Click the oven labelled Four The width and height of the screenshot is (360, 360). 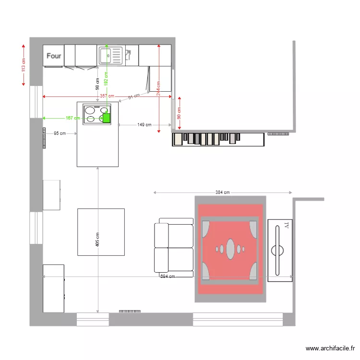[x=54, y=56]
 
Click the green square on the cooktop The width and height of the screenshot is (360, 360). [x=106, y=118]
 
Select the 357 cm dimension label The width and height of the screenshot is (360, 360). [x=107, y=96]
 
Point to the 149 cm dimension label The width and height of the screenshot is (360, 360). [x=144, y=125]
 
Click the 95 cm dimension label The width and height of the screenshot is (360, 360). [x=60, y=133]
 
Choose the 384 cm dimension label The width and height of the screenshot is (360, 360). [x=222, y=192]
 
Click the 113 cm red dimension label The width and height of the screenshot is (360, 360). [x=24, y=65]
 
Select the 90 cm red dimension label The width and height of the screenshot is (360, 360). [x=180, y=113]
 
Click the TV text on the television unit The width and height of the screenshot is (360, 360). [x=286, y=225]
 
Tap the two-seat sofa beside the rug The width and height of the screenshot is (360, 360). [x=173, y=247]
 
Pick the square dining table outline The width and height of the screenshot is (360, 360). [x=101, y=232]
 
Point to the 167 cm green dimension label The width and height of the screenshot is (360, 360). [x=72, y=118]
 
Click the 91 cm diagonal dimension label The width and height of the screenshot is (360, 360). [x=134, y=97]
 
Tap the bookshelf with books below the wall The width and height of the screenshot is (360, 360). [x=218, y=139]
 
